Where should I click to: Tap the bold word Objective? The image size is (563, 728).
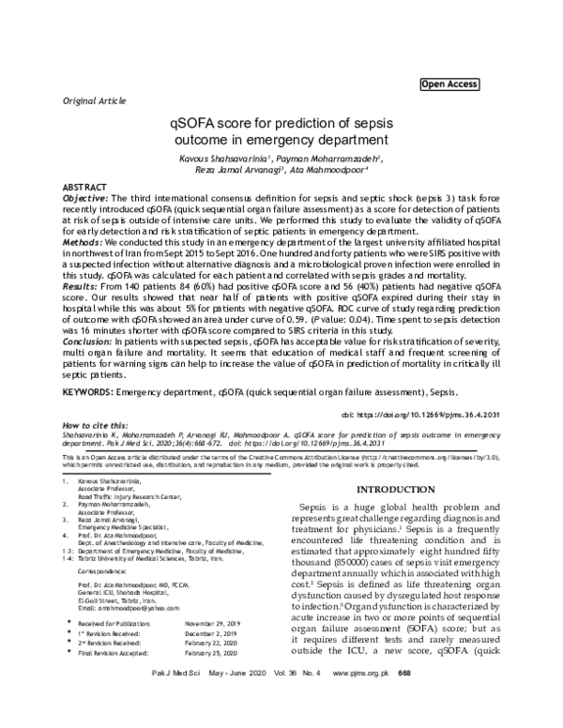click(x=84, y=199)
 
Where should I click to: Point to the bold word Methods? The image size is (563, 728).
click(x=83, y=242)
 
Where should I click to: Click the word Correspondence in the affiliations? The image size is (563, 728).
click(x=101, y=570)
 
